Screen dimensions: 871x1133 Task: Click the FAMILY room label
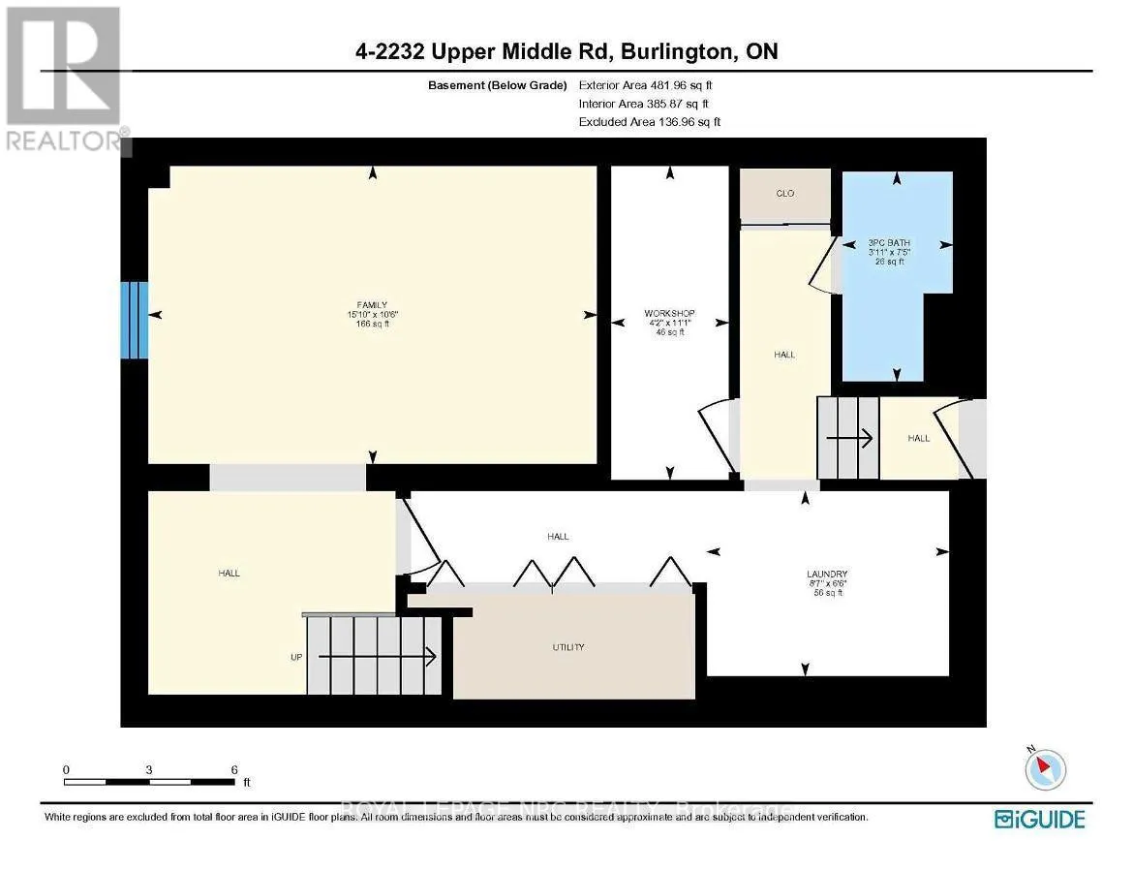tap(371, 304)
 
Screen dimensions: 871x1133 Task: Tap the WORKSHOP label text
tap(670, 313)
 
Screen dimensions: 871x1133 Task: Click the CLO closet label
tap(785, 194)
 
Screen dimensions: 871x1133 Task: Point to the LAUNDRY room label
tap(828, 575)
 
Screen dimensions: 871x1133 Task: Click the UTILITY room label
tap(568, 647)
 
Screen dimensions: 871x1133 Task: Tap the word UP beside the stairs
tap(296, 657)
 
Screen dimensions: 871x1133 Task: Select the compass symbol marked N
tap(1046, 768)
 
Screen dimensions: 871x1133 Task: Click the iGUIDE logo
tap(1040, 820)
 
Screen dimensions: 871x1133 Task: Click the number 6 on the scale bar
tap(234, 769)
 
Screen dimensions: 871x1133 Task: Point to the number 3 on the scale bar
tap(149, 769)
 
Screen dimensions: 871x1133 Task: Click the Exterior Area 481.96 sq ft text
tap(643, 84)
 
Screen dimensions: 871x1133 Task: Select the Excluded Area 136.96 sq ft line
tap(649, 122)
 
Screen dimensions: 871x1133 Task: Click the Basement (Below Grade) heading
tap(497, 84)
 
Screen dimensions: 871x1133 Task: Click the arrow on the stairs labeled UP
tap(378, 657)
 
